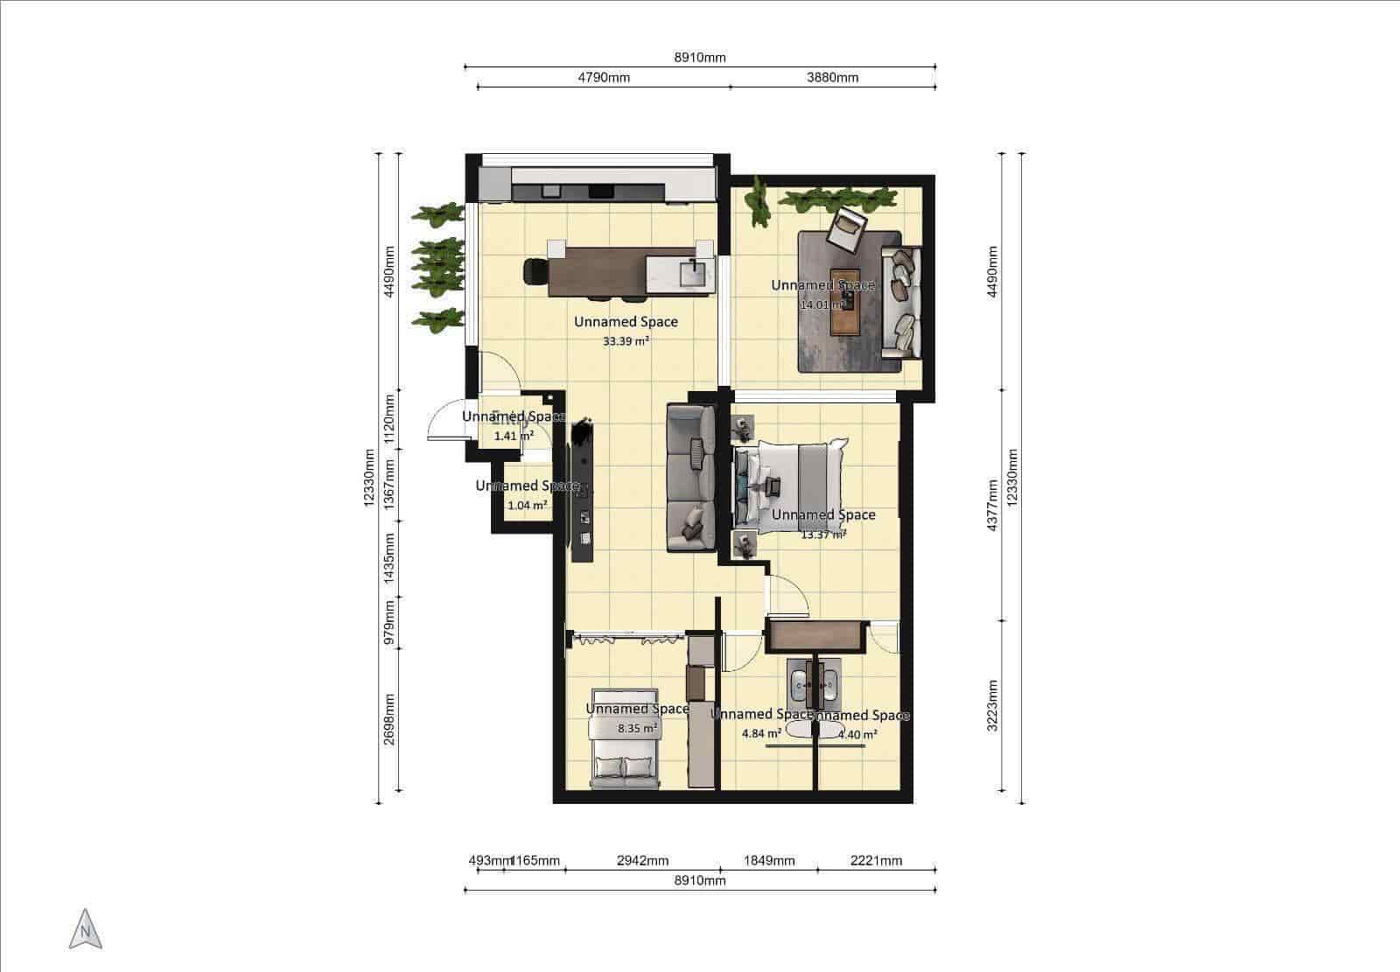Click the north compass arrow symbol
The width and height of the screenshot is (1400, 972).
click(85, 929)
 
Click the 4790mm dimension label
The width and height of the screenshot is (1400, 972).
click(604, 77)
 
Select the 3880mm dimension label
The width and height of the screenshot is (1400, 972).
click(832, 77)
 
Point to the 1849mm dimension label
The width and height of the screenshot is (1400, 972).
click(768, 860)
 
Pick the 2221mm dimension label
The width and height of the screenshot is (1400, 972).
click(876, 860)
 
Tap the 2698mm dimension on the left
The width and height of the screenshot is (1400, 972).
click(390, 719)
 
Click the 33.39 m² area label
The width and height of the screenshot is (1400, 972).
click(626, 342)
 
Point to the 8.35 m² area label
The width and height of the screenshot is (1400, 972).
click(637, 728)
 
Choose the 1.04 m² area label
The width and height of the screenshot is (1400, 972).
click(527, 505)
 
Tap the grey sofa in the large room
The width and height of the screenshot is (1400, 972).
click(691, 478)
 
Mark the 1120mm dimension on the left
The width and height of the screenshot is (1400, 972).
click(390, 417)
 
